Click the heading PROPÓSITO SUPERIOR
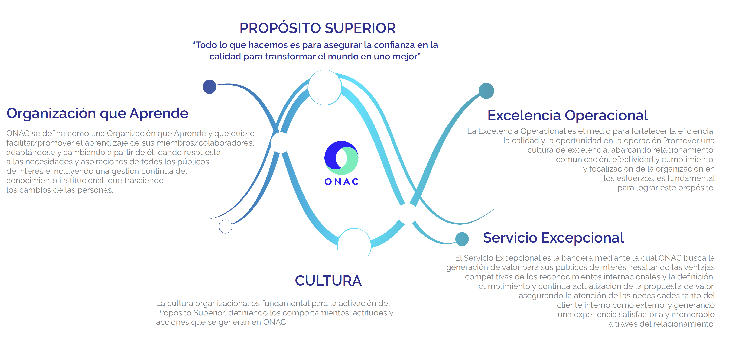click(x=318, y=28)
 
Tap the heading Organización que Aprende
click(x=97, y=114)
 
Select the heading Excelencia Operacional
click(x=568, y=115)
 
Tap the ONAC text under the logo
click(x=342, y=182)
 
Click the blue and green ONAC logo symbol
click(x=341, y=158)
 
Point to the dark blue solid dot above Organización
click(x=209, y=87)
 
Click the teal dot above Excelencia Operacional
click(x=486, y=91)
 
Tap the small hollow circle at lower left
click(x=225, y=226)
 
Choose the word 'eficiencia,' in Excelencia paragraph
click(x=696, y=131)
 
